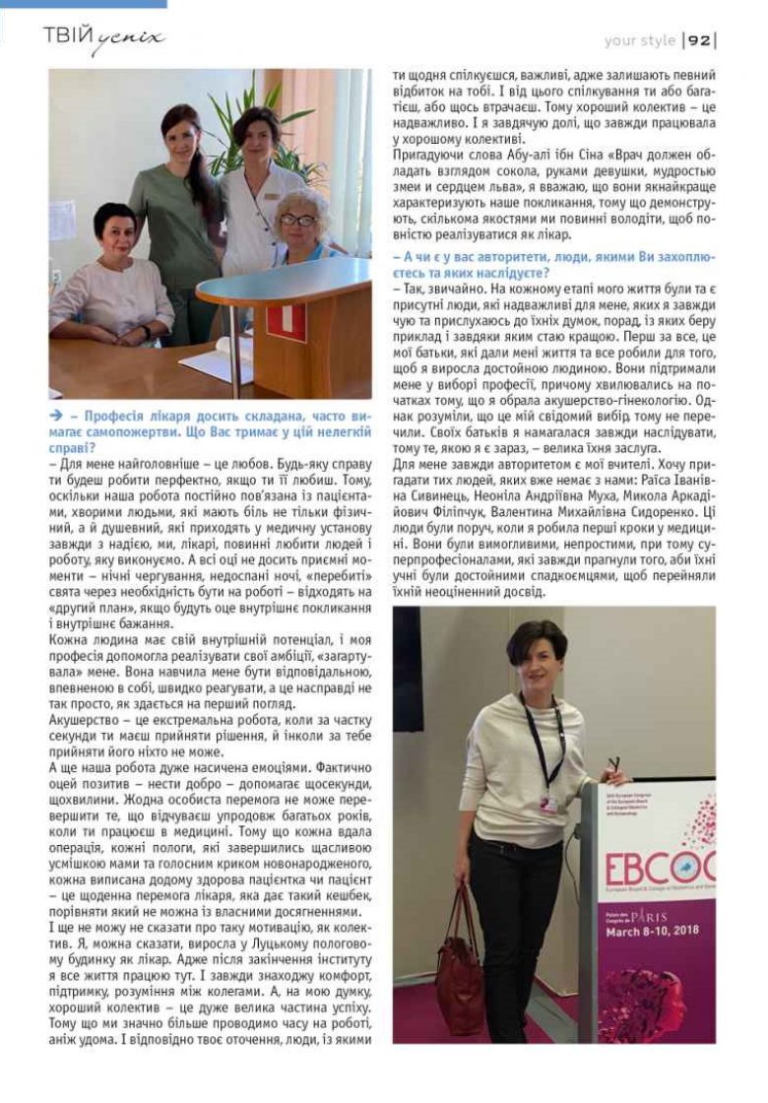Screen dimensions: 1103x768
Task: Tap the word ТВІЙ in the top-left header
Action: pyautogui.click(x=68, y=37)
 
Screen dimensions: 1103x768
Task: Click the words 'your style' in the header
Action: pyautogui.click(x=640, y=40)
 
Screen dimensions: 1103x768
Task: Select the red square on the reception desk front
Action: pyautogui.click(x=288, y=320)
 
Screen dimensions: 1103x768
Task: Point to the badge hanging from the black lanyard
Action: pyautogui.click(x=547, y=803)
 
